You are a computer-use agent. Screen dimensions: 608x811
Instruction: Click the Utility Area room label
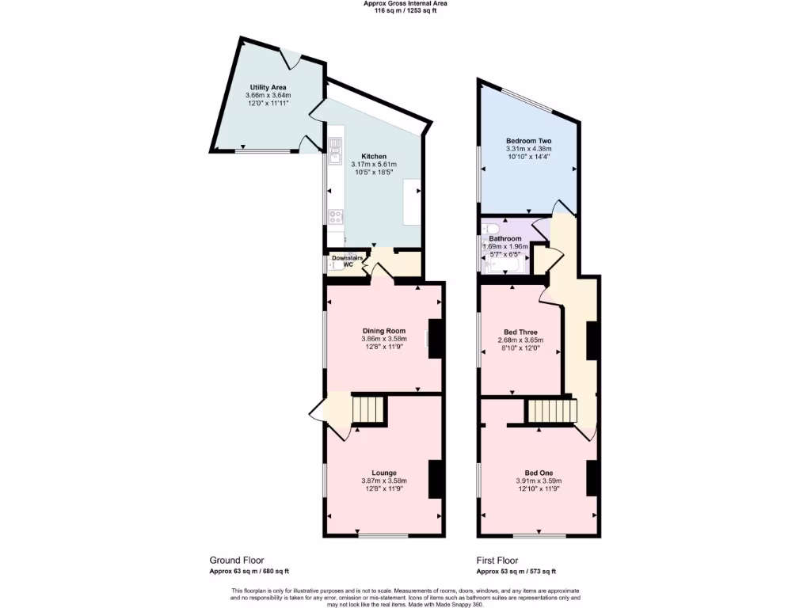[268, 87]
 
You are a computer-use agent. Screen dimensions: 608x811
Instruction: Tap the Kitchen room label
[374, 156]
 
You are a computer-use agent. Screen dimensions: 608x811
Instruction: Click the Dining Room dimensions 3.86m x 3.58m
[384, 339]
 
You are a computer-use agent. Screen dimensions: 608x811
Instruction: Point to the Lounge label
[384, 473]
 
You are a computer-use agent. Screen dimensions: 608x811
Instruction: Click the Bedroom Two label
[528, 140]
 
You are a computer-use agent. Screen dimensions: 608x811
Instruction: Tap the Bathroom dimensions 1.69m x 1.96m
[505, 246]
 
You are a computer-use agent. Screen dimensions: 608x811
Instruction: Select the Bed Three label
[520, 332]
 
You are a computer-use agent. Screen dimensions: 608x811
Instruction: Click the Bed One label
[529, 473]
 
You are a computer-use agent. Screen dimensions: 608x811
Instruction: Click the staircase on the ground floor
[368, 410]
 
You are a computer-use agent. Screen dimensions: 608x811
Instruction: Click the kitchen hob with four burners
[335, 215]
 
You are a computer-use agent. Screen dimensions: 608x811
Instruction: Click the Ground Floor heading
[236, 559]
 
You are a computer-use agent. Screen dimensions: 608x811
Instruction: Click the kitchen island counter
[413, 201]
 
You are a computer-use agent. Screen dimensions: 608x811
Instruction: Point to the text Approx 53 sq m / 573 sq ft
[516, 571]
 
